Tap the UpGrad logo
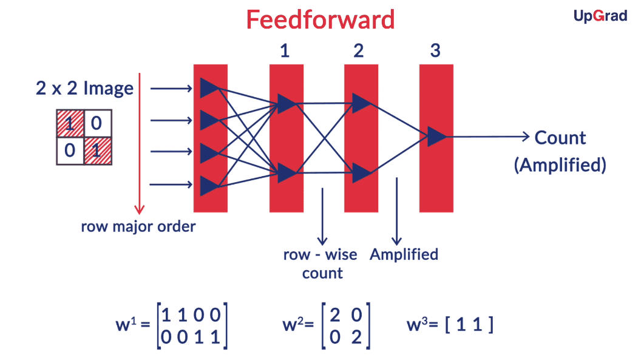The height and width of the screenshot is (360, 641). click(600, 16)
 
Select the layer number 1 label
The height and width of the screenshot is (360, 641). click(285, 50)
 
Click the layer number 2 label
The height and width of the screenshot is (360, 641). click(358, 50)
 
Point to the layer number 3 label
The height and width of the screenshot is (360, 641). click(435, 50)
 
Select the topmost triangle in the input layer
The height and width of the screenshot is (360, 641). click(209, 88)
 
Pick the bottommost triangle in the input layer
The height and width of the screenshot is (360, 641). click(209, 184)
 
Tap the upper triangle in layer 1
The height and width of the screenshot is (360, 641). click(286, 103)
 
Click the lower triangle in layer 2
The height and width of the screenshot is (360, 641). click(361, 173)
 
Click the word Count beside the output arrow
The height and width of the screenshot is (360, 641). click(560, 138)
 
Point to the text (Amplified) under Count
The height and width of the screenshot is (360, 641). click(560, 165)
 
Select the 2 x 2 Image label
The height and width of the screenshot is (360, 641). click(84, 89)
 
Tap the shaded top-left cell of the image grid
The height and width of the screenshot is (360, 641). click(70, 124)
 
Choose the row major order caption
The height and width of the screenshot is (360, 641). click(138, 227)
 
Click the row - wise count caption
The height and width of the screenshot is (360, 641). click(320, 263)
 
